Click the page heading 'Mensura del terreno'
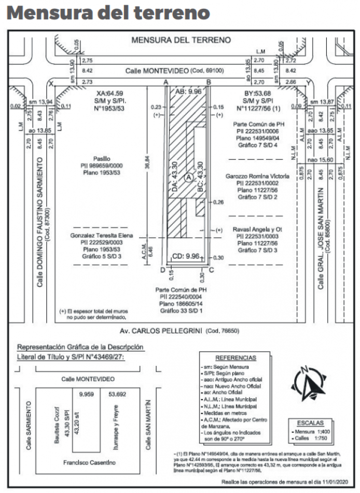[108, 13]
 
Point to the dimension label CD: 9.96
[185, 256]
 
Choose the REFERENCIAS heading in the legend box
[236, 358]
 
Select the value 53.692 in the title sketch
[117, 394]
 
